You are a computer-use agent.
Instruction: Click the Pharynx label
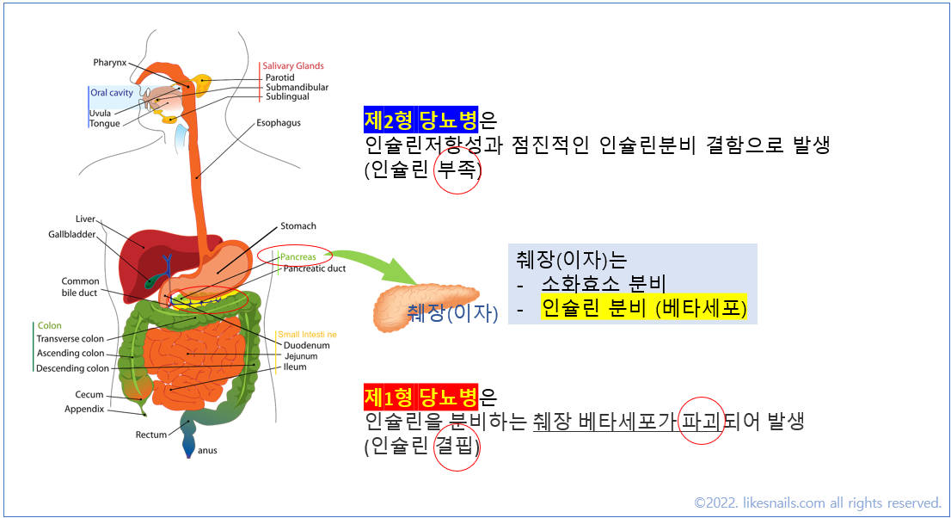[x=110, y=63]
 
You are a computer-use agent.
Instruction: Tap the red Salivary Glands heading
[x=293, y=65]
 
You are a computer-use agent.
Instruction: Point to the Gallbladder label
[x=72, y=235]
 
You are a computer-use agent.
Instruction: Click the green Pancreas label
[x=298, y=256]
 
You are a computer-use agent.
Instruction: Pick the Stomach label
[x=298, y=226]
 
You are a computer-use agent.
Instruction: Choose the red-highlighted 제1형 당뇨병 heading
[x=420, y=398]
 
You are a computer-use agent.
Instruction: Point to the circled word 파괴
[x=700, y=422]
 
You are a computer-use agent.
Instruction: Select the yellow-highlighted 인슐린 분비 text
[x=593, y=308]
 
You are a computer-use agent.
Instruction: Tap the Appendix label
[x=84, y=410]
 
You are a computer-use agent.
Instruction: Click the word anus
[x=208, y=450]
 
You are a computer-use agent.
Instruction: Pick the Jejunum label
[x=300, y=356]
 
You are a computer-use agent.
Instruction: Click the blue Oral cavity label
[x=112, y=93]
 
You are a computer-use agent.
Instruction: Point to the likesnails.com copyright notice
[x=818, y=503]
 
